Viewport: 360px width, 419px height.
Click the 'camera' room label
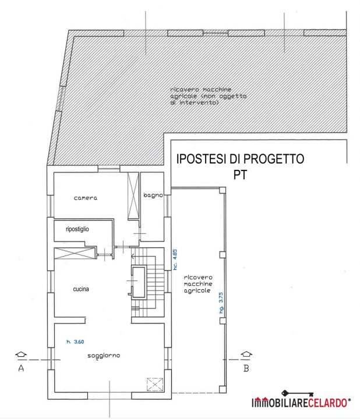[x=86, y=198]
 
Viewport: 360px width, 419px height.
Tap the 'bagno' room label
[x=153, y=195]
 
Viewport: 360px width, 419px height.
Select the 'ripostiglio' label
[x=77, y=229]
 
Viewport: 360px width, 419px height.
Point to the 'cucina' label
[x=81, y=289]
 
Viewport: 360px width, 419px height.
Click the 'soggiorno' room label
[x=104, y=356]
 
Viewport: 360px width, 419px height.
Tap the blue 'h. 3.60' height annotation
[x=75, y=342]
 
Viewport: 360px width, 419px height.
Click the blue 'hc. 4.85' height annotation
[x=175, y=260]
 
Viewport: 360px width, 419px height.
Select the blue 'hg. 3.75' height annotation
[x=221, y=303]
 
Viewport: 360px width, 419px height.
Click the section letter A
[x=21, y=368]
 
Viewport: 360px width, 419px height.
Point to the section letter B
[x=246, y=368]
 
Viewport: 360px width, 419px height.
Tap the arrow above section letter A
[x=21, y=354]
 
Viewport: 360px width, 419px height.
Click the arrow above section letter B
[x=246, y=354]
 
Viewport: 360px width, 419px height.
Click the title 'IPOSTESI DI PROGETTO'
[x=240, y=159]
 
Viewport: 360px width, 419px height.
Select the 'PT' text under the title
[x=240, y=175]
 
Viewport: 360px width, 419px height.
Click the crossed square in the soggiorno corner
[x=155, y=385]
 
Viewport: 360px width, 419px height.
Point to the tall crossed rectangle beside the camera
[x=133, y=196]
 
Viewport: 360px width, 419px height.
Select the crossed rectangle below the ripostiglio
[x=75, y=253]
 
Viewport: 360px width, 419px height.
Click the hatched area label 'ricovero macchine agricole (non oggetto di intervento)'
[x=209, y=96]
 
